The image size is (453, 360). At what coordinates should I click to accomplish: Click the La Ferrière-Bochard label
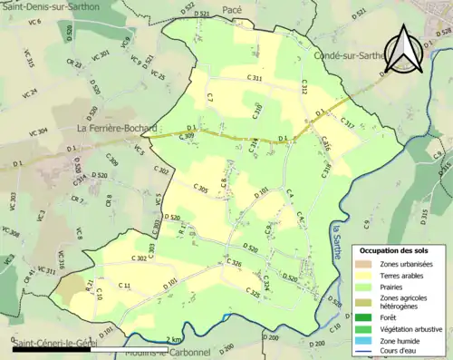[x=117, y=129]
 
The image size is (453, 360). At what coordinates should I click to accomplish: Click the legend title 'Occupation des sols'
[x=394, y=250]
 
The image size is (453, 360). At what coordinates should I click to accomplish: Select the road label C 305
[x=201, y=188]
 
